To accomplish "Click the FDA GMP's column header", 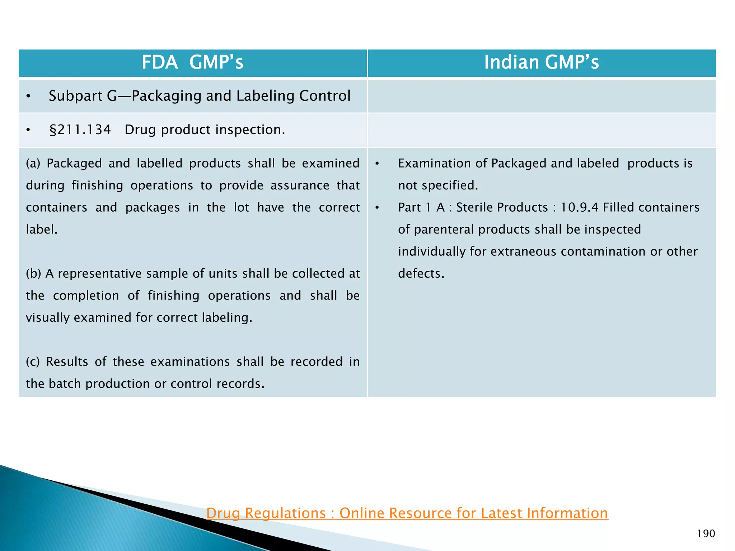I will pos(192,62).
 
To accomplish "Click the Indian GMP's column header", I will pos(541,62).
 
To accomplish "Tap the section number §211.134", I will pos(80,130).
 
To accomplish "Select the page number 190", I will pos(706,534).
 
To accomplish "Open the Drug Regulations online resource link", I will pos(407,513).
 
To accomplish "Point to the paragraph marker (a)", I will pos(33,164).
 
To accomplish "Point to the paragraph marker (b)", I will pos(33,274).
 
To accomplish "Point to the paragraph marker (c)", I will pos(33,362).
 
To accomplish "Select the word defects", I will pos(421,274).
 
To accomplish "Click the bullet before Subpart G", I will pos(28,96).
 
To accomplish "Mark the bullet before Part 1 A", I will pos(377,208).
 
